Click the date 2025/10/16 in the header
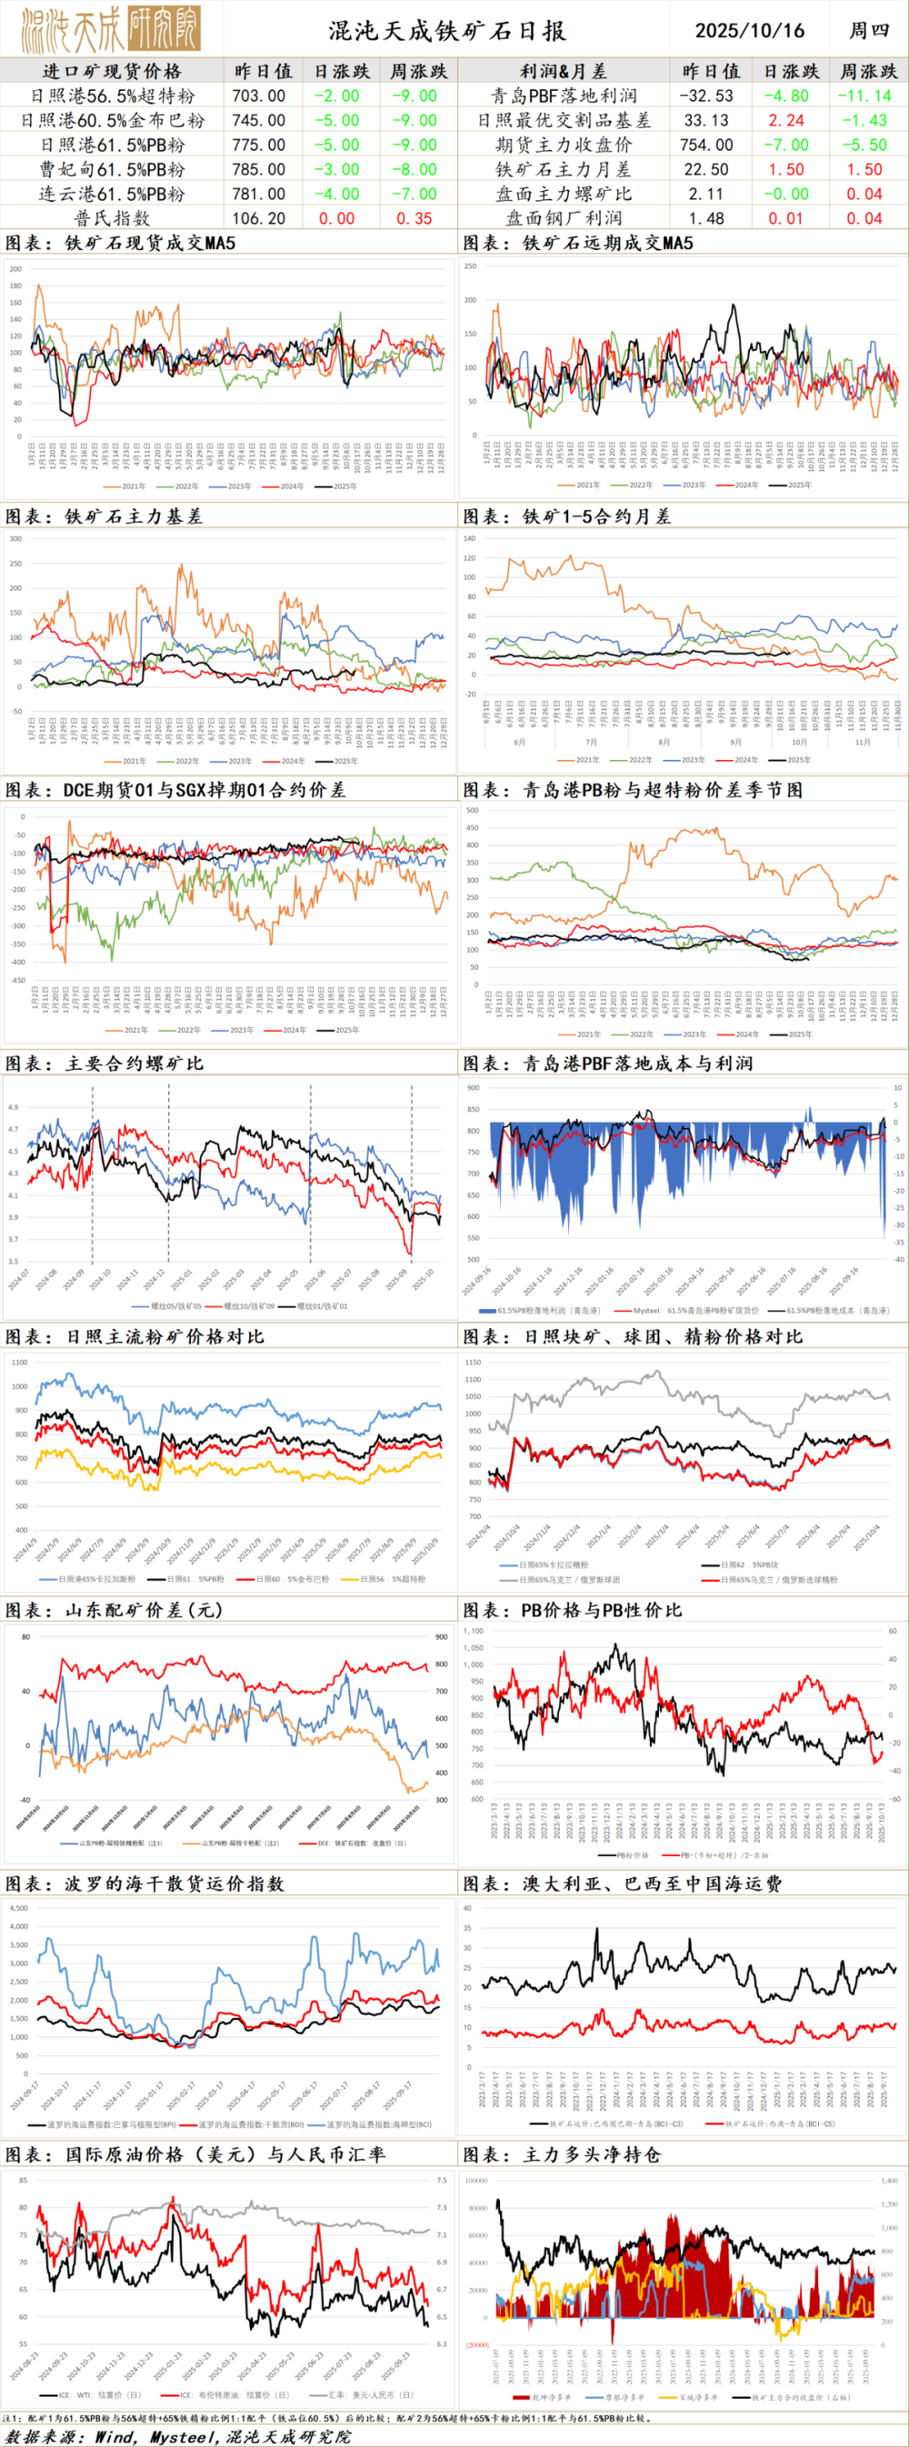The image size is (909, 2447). [748, 30]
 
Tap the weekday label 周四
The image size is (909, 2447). [868, 30]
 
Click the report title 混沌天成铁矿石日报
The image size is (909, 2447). [446, 30]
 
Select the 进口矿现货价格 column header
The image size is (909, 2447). [112, 72]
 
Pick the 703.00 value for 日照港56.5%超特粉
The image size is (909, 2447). [258, 96]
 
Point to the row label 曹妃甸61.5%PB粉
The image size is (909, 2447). [112, 169]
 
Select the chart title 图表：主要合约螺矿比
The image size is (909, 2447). [104, 1063]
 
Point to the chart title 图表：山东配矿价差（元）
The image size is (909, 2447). [114, 1610]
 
